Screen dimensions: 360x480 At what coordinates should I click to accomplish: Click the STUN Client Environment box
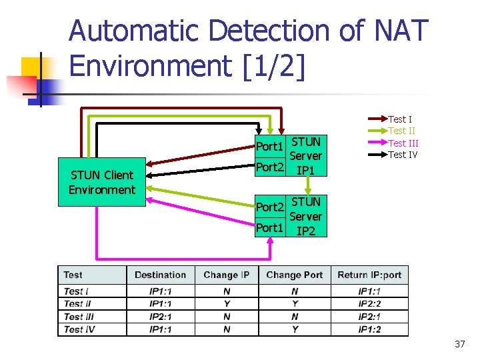coord(101,182)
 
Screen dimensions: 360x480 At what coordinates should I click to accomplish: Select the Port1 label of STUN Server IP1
coord(270,146)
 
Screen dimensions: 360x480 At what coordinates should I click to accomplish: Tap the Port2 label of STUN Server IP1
coord(270,167)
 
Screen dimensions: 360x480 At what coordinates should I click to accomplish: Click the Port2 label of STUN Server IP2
coord(270,207)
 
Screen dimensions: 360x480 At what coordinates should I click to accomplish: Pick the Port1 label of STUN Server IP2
coord(270,227)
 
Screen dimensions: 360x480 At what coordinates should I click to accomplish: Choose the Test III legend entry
coord(403,143)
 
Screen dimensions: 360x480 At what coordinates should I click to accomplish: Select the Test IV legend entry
coord(403,155)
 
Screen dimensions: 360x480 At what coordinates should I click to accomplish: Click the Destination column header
coord(160,275)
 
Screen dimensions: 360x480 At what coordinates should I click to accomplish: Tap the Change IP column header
coord(227,275)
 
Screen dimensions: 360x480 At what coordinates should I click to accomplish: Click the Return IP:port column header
coord(369,275)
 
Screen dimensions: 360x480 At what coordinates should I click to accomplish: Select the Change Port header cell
coord(294,275)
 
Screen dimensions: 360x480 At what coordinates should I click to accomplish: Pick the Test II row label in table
coord(77,304)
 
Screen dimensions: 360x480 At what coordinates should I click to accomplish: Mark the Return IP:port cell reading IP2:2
coord(370,304)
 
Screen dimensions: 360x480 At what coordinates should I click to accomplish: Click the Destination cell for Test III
coord(160,317)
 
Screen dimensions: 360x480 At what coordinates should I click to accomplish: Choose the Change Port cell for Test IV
coord(294,329)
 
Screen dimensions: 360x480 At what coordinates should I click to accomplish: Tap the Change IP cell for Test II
coord(227,304)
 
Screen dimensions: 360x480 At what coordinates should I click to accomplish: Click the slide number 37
coord(459,344)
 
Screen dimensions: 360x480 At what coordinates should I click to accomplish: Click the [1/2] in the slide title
coord(271,66)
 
